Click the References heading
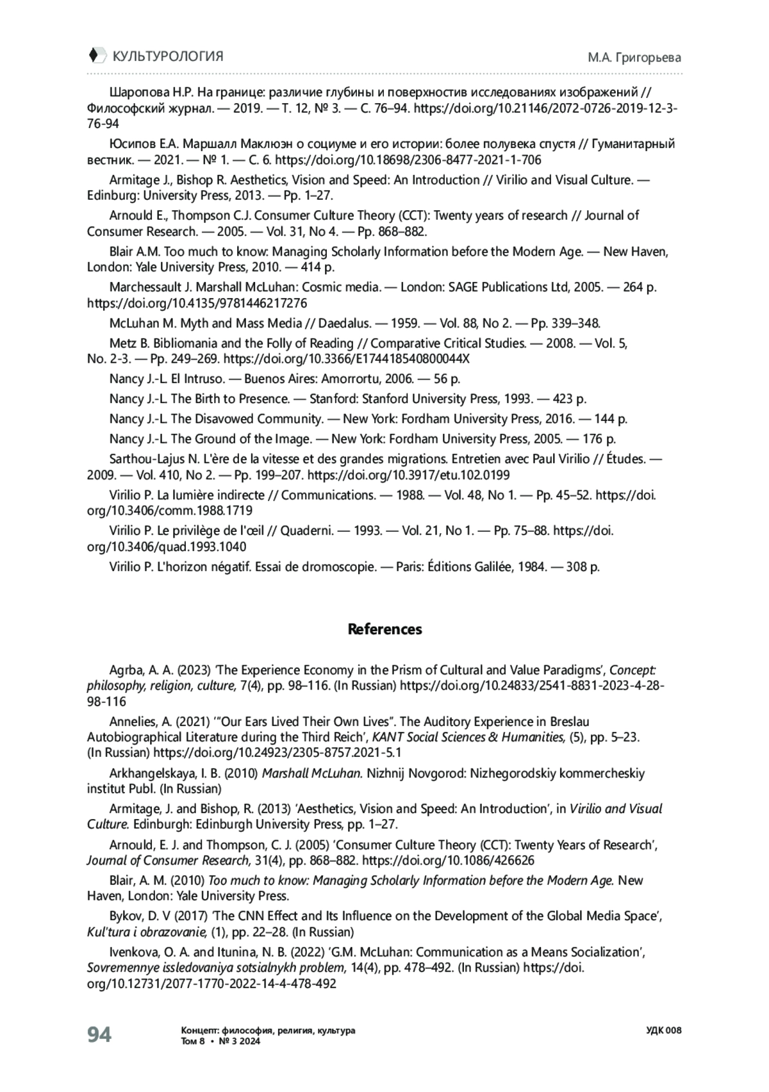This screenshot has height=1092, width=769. point(384,629)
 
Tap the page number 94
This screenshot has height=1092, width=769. point(99,1034)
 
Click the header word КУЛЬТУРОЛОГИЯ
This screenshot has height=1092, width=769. point(168,56)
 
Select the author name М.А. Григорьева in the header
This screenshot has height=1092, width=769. point(634,58)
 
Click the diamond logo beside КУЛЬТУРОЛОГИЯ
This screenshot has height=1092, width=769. point(95,56)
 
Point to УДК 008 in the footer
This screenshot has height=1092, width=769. point(664,1030)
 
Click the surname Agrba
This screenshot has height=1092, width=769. point(126,670)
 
